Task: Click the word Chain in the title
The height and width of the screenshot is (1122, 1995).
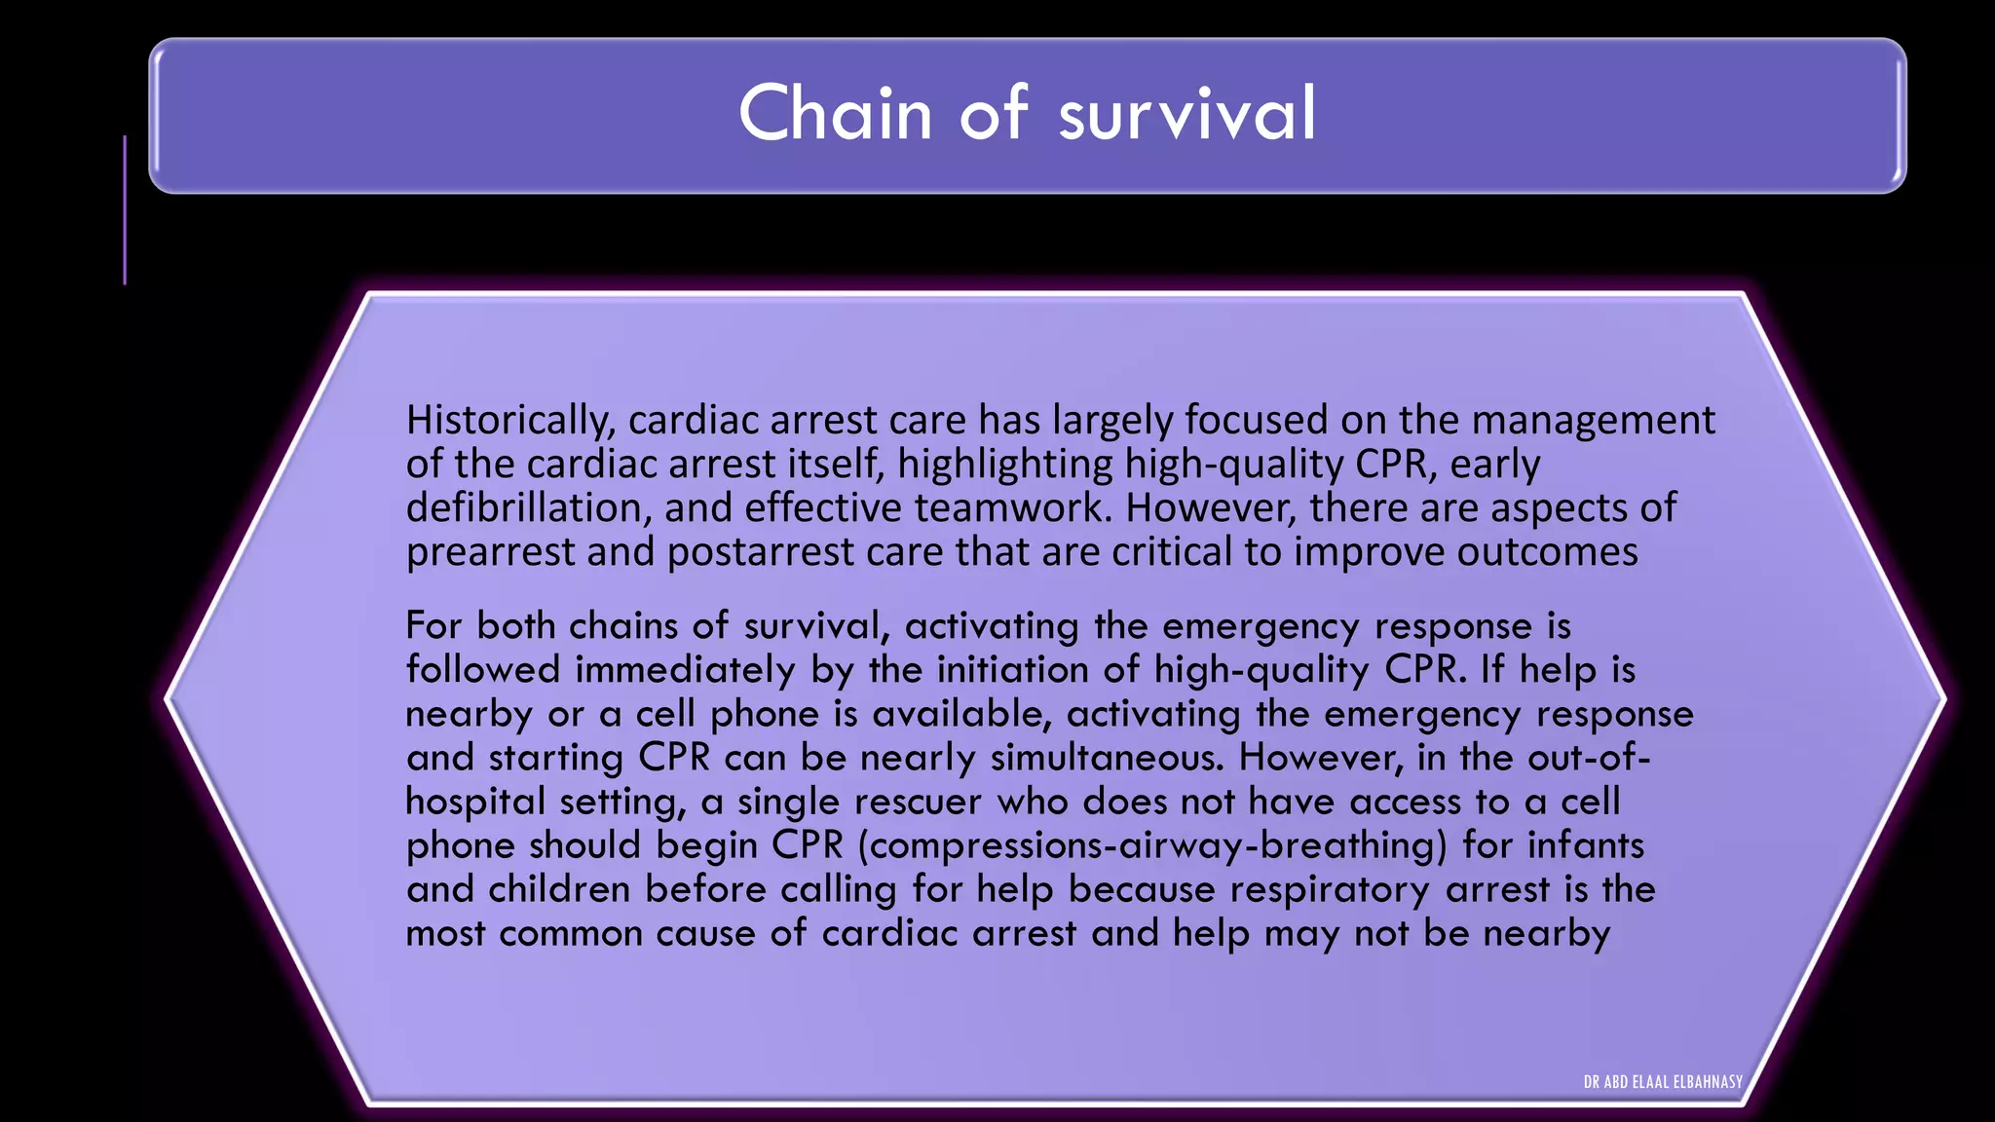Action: coord(836,114)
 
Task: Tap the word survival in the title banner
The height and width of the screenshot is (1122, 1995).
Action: coord(1186,114)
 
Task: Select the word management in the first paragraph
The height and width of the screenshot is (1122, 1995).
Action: coord(1593,421)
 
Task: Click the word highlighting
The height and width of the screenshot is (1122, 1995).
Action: coord(1003,465)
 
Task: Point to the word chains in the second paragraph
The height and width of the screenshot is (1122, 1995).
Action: coord(623,626)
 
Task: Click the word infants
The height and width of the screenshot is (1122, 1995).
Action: coord(1585,845)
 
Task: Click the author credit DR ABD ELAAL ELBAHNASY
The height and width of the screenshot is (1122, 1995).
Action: coord(1663,1082)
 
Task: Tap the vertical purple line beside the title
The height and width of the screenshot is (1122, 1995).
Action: coord(125,209)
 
